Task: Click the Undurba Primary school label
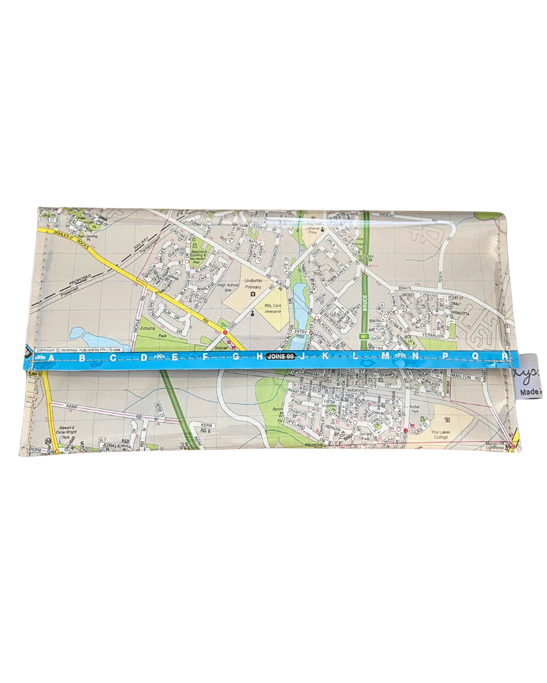click(x=253, y=284)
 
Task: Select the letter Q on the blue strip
click(x=475, y=356)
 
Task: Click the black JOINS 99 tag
click(x=281, y=357)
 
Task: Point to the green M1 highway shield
click(x=363, y=336)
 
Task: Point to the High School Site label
click(x=228, y=287)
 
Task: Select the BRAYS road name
click(x=405, y=288)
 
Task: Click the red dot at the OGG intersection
click(x=225, y=332)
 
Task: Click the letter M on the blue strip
click(x=385, y=356)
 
